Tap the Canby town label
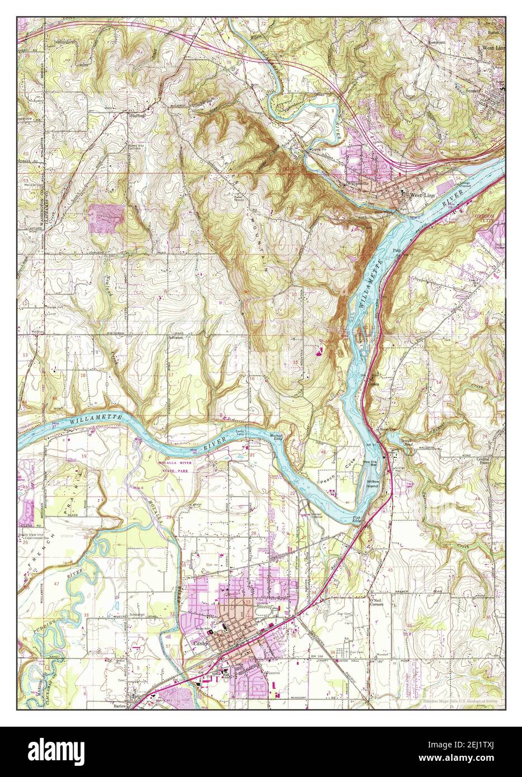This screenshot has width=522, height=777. pyautogui.click(x=200, y=643)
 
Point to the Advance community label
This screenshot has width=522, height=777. pyautogui.click(x=177, y=338)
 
